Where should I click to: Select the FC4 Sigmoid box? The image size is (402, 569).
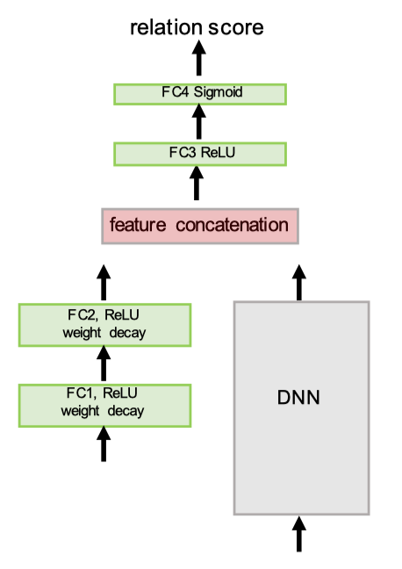[200, 94]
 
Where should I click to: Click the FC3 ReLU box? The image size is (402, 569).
[200, 155]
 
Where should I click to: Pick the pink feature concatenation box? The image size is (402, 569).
[200, 226]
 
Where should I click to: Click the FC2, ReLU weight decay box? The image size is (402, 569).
[104, 325]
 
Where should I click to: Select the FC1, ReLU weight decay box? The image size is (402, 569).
[104, 406]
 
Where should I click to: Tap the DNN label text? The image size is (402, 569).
[298, 398]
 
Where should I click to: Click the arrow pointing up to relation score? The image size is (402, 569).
[199, 58]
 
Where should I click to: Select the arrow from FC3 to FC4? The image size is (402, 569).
[199, 121]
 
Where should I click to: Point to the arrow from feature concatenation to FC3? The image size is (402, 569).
[197, 183]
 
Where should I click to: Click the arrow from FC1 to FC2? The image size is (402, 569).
[104, 363]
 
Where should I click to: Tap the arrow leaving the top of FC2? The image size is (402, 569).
[104, 283]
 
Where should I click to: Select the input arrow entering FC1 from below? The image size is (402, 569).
[104, 443]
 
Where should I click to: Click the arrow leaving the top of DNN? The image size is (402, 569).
[299, 283]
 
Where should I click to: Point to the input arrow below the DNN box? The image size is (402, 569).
[299, 534]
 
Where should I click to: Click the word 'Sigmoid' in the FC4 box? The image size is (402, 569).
[218, 92]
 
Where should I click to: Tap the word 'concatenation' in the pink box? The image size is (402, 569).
[233, 225]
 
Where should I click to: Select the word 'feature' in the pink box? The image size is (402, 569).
[138, 225]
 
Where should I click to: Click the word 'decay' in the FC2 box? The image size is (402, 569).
[128, 334]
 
